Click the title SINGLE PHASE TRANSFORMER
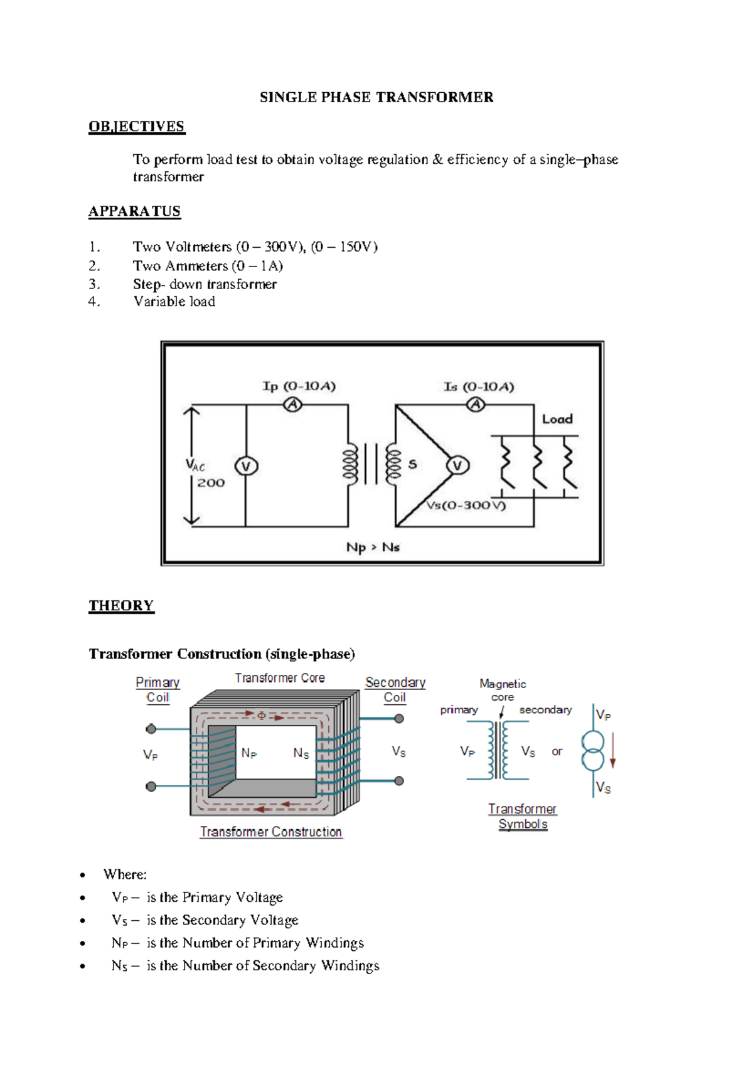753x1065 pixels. [376, 97]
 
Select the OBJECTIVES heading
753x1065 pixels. [136, 127]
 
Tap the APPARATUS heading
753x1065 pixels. [134, 211]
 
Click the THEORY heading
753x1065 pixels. [121, 606]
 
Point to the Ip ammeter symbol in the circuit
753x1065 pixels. [292, 405]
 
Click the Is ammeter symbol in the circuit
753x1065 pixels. [476, 405]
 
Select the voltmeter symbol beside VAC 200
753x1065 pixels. [246, 467]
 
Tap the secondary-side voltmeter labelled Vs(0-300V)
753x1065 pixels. [457, 465]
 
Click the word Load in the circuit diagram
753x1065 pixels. [557, 419]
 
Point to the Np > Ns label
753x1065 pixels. [373, 548]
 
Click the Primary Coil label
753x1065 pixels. [158, 690]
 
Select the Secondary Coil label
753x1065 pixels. [395, 690]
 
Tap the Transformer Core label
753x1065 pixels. [280, 678]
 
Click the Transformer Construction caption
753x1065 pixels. [271, 832]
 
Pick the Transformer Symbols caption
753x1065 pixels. [523, 817]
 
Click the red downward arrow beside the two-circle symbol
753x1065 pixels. [613, 750]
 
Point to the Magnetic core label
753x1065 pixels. [503, 690]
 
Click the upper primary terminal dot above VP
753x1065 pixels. [151, 729]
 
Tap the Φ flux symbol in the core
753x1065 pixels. [262, 715]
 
